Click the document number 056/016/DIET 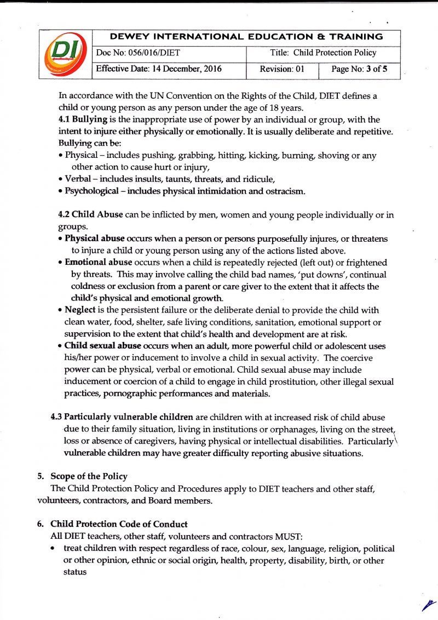pos(139,53)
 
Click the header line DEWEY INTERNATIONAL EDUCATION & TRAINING pos(246,37)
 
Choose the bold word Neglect pos(80,310)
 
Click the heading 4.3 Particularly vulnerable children pos(122,417)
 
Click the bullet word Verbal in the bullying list pos(78,179)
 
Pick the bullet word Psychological pos(91,191)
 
